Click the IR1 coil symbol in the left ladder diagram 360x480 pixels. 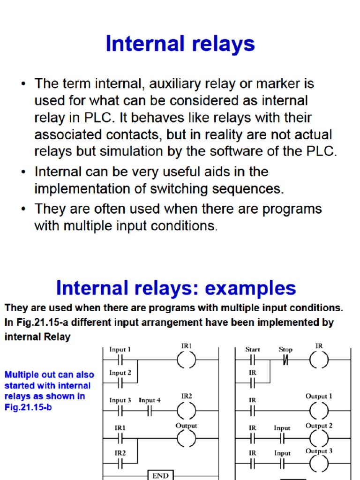(187, 360)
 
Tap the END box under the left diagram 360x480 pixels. (160, 475)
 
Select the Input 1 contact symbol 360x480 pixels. (120, 360)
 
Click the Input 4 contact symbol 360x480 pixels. (150, 411)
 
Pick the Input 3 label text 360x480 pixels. (120, 400)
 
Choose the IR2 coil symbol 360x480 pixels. (187, 411)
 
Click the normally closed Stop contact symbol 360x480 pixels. (285, 360)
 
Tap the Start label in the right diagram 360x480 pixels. (253, 349)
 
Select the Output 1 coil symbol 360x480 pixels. (319, 411)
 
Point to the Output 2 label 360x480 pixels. (319, 426)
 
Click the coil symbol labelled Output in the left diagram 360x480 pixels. (187, 439)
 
